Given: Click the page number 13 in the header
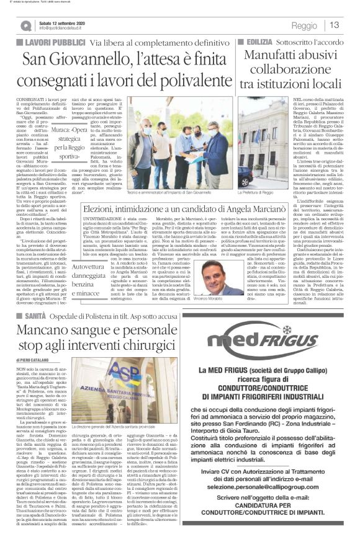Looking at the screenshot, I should pyautogui.click(x=335, y=25).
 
